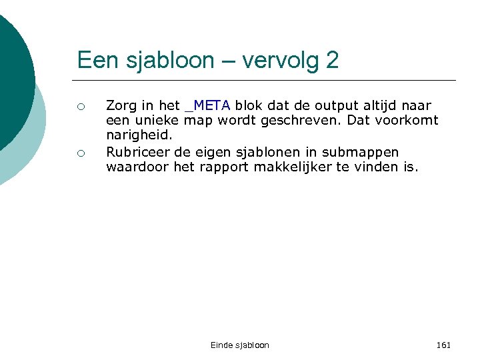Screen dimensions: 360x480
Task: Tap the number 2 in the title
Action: (x=332, y=61)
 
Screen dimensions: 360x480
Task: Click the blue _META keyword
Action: (x=208, y=105)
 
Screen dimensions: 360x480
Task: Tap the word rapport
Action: (x=224, y=167)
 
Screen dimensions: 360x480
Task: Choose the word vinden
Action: (x=380, y=167)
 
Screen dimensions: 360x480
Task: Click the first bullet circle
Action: (x=81, y=106)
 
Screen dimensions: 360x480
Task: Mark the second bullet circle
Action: (x=81, y=153)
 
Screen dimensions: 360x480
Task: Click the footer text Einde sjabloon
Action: (x=240, y=345)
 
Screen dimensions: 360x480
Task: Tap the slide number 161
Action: (x=443, y=345)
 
